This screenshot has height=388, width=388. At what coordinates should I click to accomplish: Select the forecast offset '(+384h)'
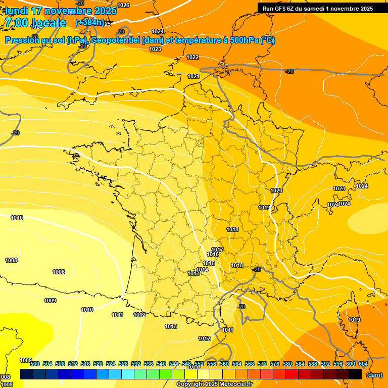[x=89, y=23]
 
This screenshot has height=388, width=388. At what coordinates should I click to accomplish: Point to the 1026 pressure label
[x=123, y=5]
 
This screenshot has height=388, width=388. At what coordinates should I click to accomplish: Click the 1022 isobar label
[x=192, y=57]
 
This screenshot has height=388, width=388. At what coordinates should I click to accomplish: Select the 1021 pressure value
[x=193, y=76]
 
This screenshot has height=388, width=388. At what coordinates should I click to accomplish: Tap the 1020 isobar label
[x=276, y=190]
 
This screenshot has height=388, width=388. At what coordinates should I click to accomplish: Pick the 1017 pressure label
[x=217, y=250]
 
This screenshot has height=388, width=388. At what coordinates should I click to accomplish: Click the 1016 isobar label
[x=213, y=254]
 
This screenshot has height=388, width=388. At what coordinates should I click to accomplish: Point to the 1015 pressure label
[x=209, y=263]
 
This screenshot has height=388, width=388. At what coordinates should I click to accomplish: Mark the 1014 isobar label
[x=203, y=270]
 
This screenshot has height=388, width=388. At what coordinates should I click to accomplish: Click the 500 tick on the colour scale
[x=35, y=364]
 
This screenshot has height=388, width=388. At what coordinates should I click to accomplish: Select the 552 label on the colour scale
[x=199, y=364]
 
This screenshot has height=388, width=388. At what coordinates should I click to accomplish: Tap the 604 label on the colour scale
[x=363, y=364]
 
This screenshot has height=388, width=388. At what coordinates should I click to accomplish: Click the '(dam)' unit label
[x=374, y=375]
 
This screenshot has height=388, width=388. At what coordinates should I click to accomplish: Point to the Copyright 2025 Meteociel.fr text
[x=214, y=384]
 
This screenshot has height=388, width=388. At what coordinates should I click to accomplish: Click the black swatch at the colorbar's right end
[x=355, y=374]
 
